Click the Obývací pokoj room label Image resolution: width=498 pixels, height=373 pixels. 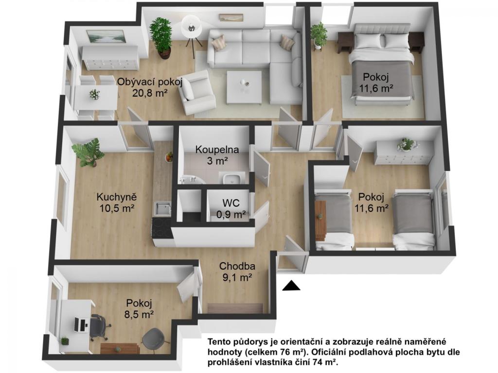click(x=150, y=87)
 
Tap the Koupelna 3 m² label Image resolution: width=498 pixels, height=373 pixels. click(x=217, y=155)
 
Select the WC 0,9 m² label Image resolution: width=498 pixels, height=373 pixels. click(x=231, y=209)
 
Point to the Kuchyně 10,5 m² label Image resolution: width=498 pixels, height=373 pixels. click(x=117, y=203)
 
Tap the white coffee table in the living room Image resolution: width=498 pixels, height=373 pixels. click(x=244, y=87)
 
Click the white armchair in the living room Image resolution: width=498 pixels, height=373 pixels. click(x=195, y=92)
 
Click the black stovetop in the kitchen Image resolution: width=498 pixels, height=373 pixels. click(x=161, y=228)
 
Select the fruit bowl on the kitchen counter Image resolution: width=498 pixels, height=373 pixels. click(x=169, y=157)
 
